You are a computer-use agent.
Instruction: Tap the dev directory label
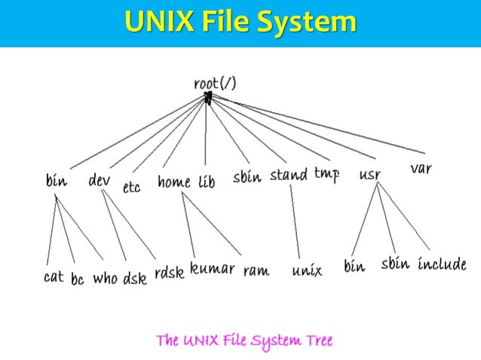pyautogui.click(x=100, y=181)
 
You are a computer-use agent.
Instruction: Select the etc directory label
pyautogui.click(x=132, y=186)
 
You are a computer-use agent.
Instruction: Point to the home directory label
pyautogui.click(x=174, y=182)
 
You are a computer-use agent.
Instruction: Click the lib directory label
pyautogui.click(x=207, y=182)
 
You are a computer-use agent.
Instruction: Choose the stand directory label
pyautogui.click(x=289, y=175)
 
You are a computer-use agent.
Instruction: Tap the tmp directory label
pyautogui.click(x=326, y=174)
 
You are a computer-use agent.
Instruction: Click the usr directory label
pyautogui.click(x=369, y=175)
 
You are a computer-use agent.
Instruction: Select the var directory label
pyautogui.click(x=421, y=169)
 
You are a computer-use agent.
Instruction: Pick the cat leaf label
pyautogui.click(x=54, y=277)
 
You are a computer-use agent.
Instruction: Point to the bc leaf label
pyautogui.click(x=78, y=279)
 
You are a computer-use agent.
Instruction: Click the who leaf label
pyautogui.click(x=105, y=279)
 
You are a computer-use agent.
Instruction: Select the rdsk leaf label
pyautogui.click(x=169, y=273)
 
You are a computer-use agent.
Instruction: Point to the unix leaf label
pyautogui.click(x=307, y=270)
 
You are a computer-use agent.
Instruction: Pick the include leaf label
pyautogui.click(x=441, y=265)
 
